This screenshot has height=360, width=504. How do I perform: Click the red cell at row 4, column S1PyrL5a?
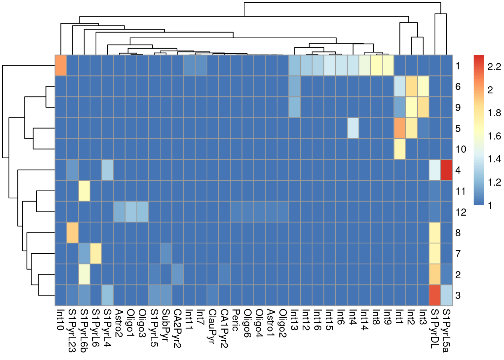(447, 169)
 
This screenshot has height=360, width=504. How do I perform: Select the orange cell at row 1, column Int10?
(61, 65)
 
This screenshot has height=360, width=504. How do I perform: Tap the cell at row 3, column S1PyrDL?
(435, 295)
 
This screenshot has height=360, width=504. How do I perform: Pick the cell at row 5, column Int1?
(400, 128)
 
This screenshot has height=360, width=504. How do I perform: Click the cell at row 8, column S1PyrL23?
(72, 232)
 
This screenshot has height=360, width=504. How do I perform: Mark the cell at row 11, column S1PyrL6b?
(84, 190)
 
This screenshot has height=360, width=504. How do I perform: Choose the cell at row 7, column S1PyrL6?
(96, 253)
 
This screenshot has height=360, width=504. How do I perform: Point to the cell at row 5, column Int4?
(353, 128)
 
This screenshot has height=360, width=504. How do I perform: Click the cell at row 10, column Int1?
(400, 149)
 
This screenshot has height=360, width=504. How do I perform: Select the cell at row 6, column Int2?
(411, 86)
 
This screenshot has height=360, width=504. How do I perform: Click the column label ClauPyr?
(212, 324)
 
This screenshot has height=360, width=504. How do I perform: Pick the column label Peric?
(235, 320)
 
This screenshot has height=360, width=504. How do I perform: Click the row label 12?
(461, 212)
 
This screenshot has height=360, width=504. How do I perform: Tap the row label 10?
(461, 149)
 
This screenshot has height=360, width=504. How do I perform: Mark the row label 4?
(458, 170)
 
